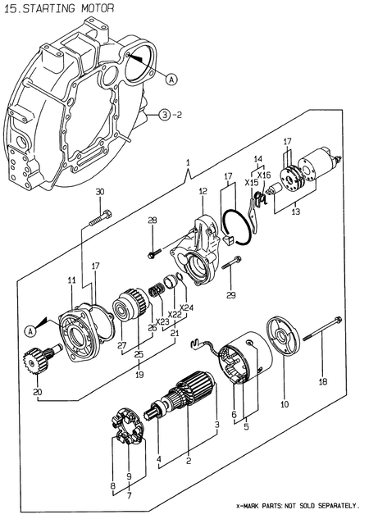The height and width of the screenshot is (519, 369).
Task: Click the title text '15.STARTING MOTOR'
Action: tap(57, 7)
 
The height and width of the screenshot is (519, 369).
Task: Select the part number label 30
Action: tap(100, 192)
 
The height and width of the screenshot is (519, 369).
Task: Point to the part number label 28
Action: tap(152, 221)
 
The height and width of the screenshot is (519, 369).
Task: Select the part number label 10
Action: tap(285, 404)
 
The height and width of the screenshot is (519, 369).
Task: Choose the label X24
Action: tap(187, 308)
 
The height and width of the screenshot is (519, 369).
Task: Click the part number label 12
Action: tap(201, 191)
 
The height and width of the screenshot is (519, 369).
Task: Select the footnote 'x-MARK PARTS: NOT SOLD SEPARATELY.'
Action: tap(298, 508)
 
